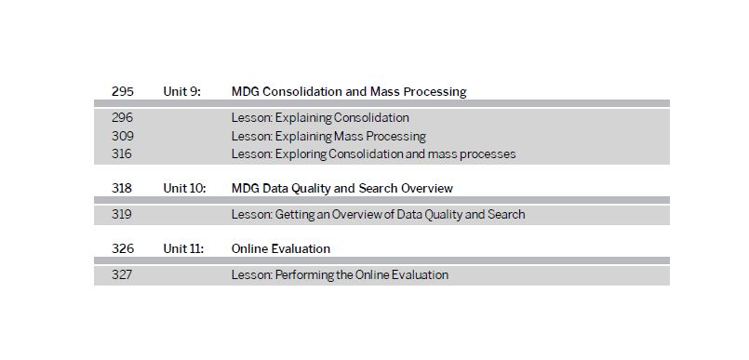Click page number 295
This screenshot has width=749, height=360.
click(x=122, y=92)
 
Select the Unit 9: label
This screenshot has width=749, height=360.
click(x=181, y=92)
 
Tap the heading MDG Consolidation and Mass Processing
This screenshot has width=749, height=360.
click(x=349, y=92)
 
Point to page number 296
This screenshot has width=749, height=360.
click(x=122, y=117)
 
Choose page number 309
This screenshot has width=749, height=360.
click(x=122, y=136)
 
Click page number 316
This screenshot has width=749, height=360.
click(x=122, y=154)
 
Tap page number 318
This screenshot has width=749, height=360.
click(x=122, y=188)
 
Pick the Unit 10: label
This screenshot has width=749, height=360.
click(x=184, y=188)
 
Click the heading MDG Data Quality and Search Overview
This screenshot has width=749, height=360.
click(x=342, y=188)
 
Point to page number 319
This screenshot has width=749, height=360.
click(x=122, y=215)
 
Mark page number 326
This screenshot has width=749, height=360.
click(x=122, y=248)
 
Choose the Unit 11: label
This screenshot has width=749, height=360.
click(x=183, y=248)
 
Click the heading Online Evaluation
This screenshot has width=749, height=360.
click(x=281, y=248)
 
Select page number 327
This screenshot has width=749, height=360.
click(x=122, y=275)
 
